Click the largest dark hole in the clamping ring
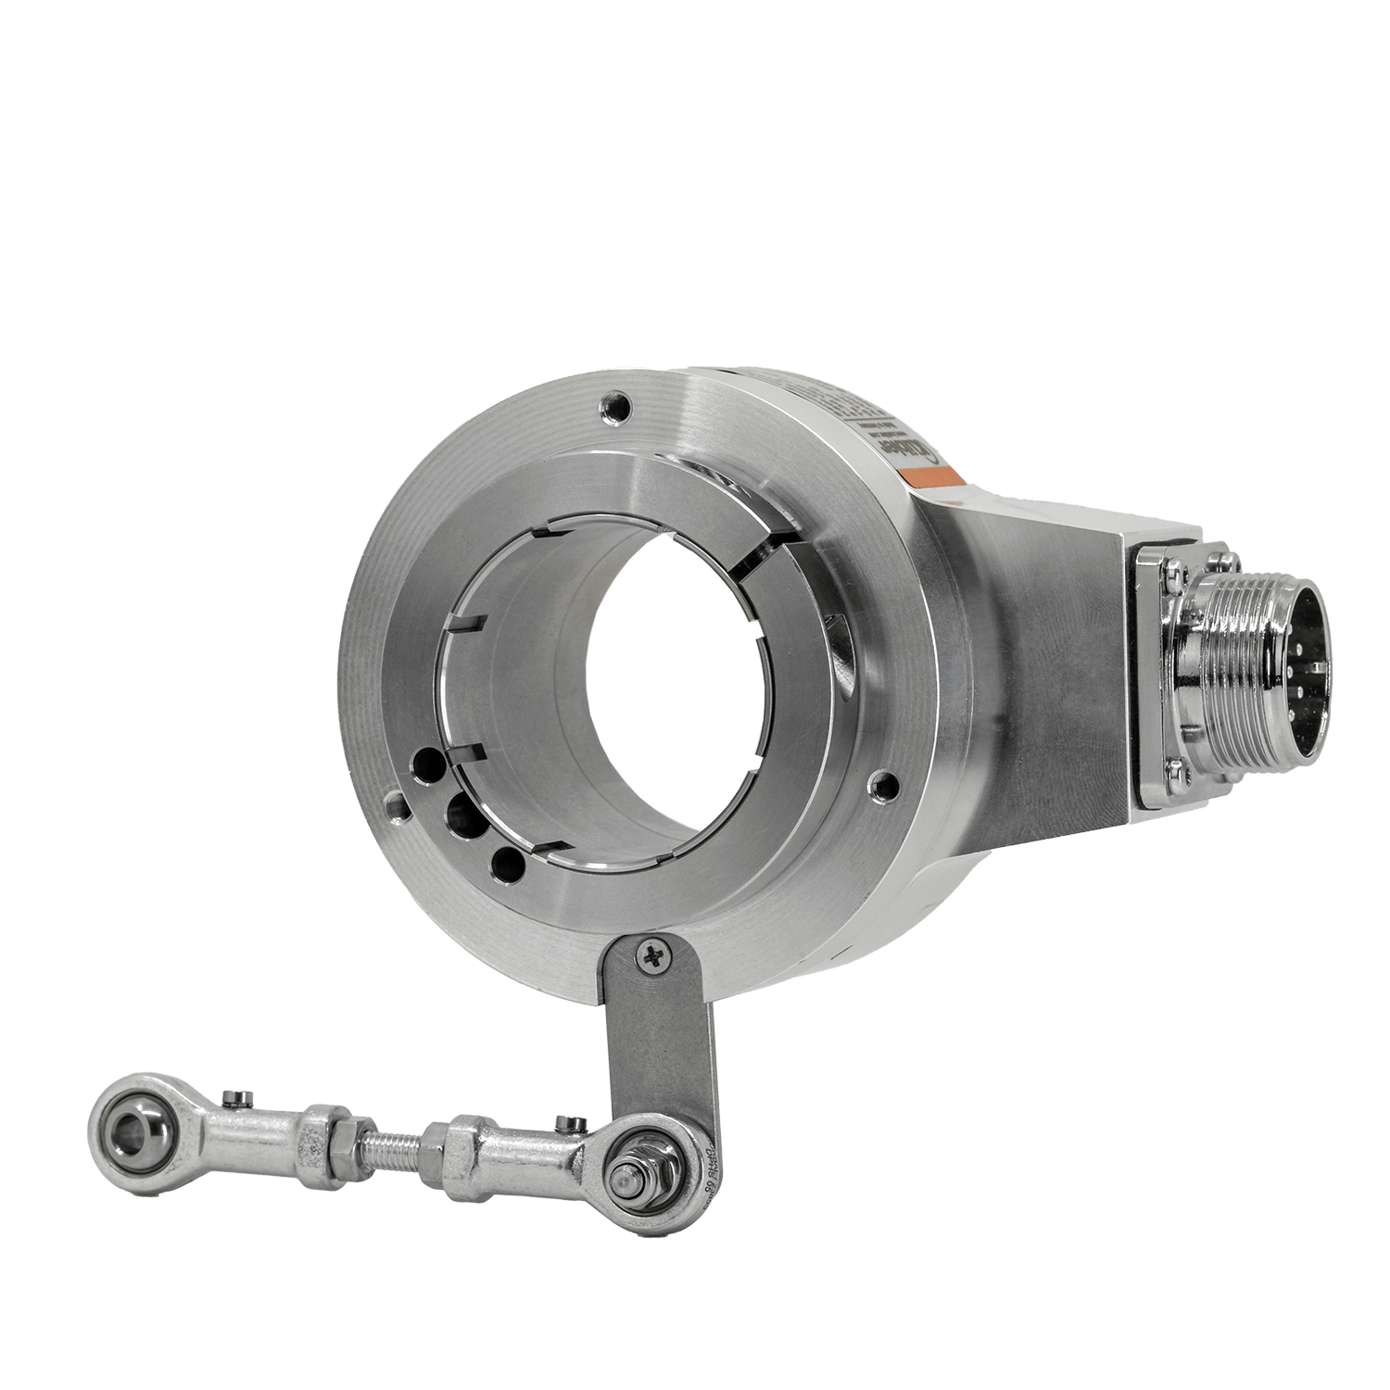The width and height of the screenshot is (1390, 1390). coord(458,815)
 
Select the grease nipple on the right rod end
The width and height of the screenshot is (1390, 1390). coord(568,1124)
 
